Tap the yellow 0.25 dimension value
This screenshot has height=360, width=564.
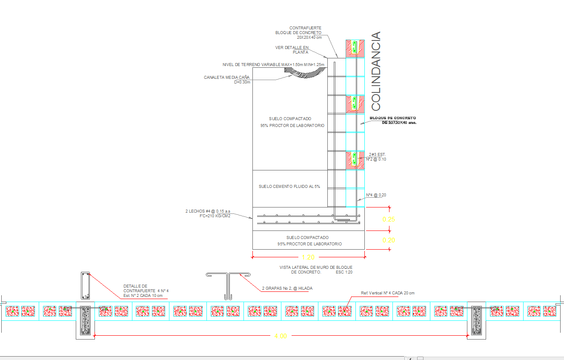[x=389, y=219]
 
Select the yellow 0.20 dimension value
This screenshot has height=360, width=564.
[x=389, y=240]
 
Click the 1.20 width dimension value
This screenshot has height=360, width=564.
[x=308, y=257]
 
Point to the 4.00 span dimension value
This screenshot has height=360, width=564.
[x=280, y=336]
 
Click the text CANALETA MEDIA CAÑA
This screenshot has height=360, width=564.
[x=226, y=78]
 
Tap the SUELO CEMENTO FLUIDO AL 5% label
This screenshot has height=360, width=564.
[x=289, y=187]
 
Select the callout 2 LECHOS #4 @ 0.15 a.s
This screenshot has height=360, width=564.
[x=208, y=211]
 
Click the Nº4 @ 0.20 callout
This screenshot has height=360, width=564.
[x=376, y=195]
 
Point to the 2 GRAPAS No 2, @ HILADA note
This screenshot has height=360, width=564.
[x=287, y=288]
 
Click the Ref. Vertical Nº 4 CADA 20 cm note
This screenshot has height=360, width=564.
[x=387, y=293]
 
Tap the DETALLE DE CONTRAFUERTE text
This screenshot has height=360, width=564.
[x=135, y=288]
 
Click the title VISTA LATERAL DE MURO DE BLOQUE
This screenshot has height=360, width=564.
[x=315, y=268]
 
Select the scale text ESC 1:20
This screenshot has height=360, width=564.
[x=344, y=272]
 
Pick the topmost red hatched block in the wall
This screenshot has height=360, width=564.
[x=355, y=49]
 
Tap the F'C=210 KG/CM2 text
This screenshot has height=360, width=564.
[x=215, y=216]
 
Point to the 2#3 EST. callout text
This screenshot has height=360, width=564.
[x=377, y=155]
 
